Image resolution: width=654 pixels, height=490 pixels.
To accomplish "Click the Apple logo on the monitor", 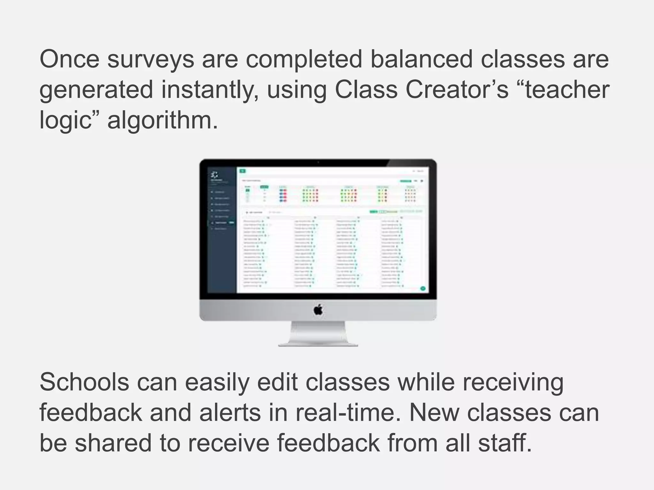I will pyautogui.click(x=318, y=310).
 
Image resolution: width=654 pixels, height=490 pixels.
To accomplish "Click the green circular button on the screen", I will pyautogui.click(x=423, y=288).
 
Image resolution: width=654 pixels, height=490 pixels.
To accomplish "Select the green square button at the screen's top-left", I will pyautogui.click(x=243, y=171).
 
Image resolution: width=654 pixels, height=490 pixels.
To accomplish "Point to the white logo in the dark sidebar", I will pyautogui.click(x=215, y=174).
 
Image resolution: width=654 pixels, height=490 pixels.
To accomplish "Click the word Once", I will pyautogui.click(x=69, y=59).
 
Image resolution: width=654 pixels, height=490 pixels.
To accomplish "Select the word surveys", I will pyautogui.click(x=150, y=60).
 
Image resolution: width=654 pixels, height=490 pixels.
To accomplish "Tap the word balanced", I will pyautogui.click(x=421, y=59).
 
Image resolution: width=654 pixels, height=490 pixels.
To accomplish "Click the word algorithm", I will pyautogui.click(x=163, y=121).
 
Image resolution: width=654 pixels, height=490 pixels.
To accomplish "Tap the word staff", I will pyautogui.click(x=505, y=443).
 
